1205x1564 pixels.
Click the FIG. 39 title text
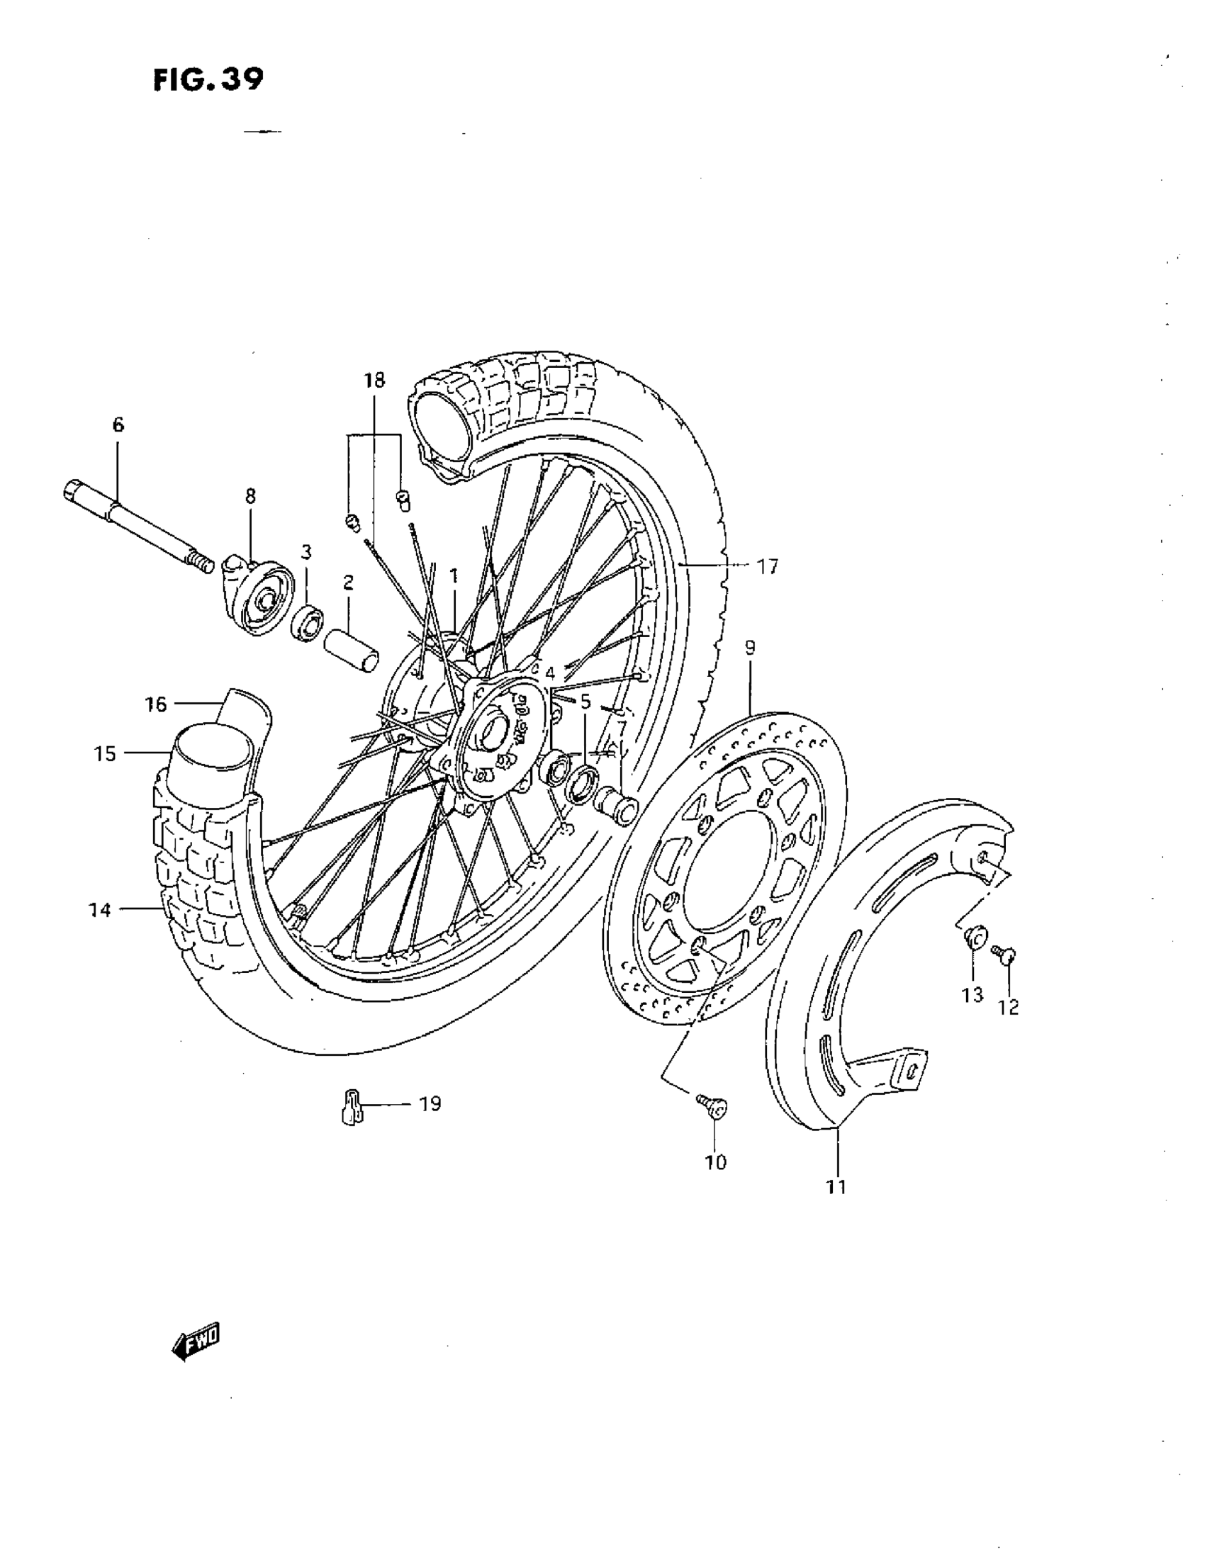pyautogui.click(x=208, y=79)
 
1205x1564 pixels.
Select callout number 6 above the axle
pyautogui.click(x=118, y=424)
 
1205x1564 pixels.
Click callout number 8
pyautogui.click(x=250, y=495)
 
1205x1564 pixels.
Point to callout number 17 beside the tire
pyautogui.click(x=767, y=567)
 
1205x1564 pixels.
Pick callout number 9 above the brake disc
pyautogui.click(x=749, y=648)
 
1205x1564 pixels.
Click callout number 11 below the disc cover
pyautogui.click(x=836, y=1186)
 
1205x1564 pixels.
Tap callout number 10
pyautogui.click(x=716, y=1161)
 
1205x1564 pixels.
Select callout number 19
pyautogui.click(x=430, y=1103)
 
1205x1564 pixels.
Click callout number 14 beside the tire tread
pyautogui.click(x=100, y=910)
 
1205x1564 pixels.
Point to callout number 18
pyautogui.click(x=374, y=380)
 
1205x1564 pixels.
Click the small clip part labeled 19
pyautogui.click(x=351, y=1107)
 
